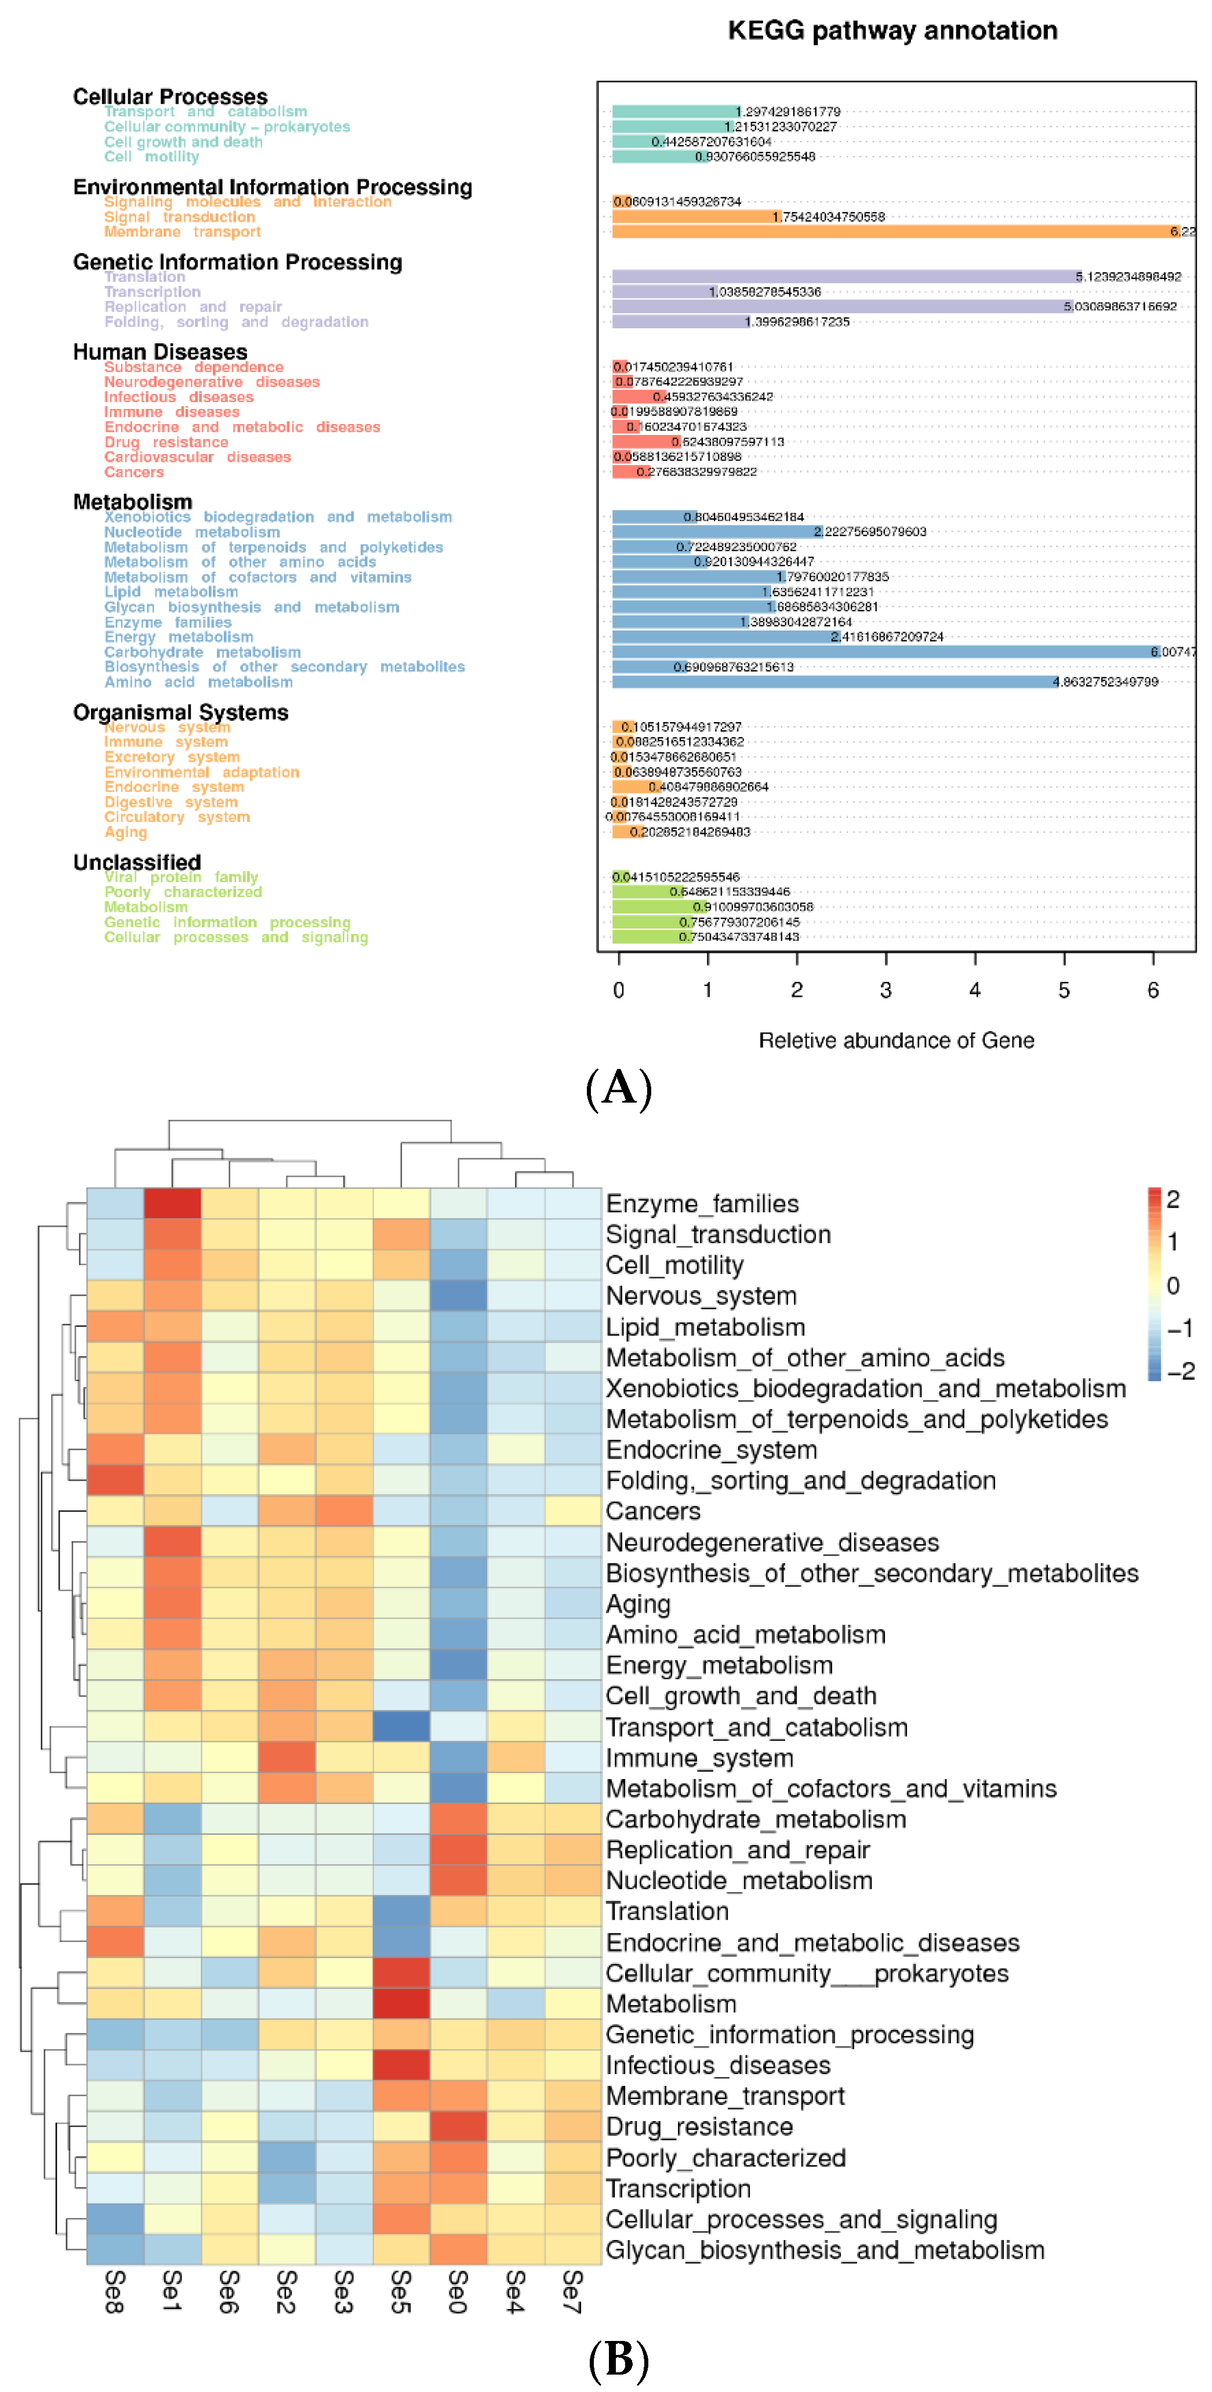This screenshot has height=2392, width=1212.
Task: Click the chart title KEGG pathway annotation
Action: coord(891,31)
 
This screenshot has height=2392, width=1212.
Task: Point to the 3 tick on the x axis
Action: coord(885,990)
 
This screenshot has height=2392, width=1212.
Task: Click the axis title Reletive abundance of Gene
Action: coord(895,1040)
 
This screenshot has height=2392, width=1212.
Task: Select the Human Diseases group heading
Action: coord(159,352)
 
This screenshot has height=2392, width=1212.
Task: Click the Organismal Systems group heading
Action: coord(180,712)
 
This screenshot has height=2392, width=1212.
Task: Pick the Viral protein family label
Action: coord(180,876)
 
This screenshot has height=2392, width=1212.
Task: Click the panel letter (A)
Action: coord(619,1088)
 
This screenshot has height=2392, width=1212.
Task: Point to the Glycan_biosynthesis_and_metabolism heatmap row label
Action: coord(824,2250)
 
